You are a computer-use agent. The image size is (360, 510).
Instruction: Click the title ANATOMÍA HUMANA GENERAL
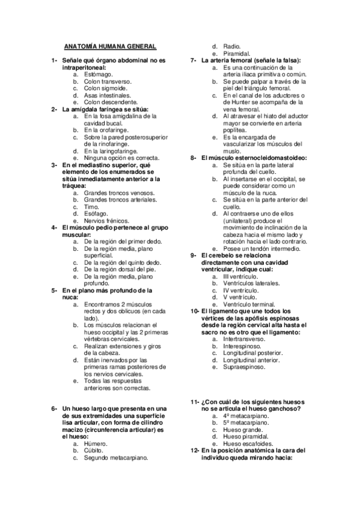click(x=110, y=46)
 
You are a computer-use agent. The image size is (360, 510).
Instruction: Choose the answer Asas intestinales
click(x=107, y=95)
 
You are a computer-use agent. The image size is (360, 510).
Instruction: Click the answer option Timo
click(x=91, y=206)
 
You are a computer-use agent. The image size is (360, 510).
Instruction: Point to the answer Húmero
click(x=96, y=443)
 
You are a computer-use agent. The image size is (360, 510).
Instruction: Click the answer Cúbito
click(x=94, y=450)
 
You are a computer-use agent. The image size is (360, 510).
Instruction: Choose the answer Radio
click(x=231, y=46)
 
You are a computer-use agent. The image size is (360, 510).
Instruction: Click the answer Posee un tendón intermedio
click(x=261, y=248)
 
